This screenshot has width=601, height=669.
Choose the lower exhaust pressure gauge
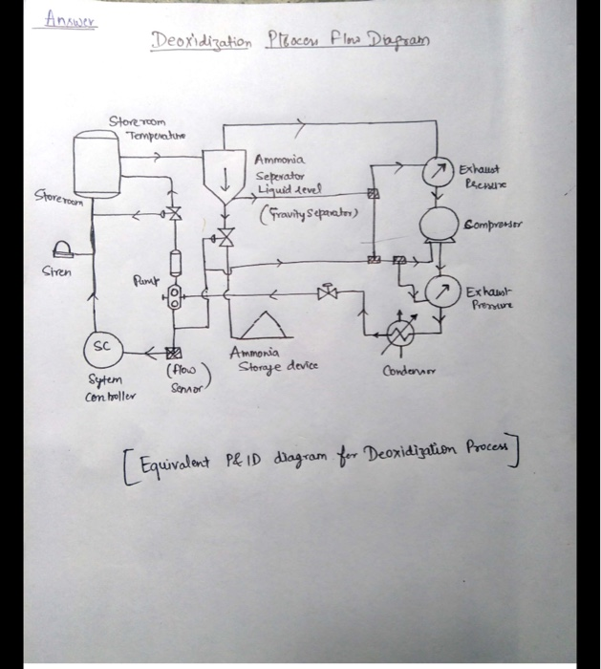(x=440, y=291)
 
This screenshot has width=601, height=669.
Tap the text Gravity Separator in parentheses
(x=308, y=212)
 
